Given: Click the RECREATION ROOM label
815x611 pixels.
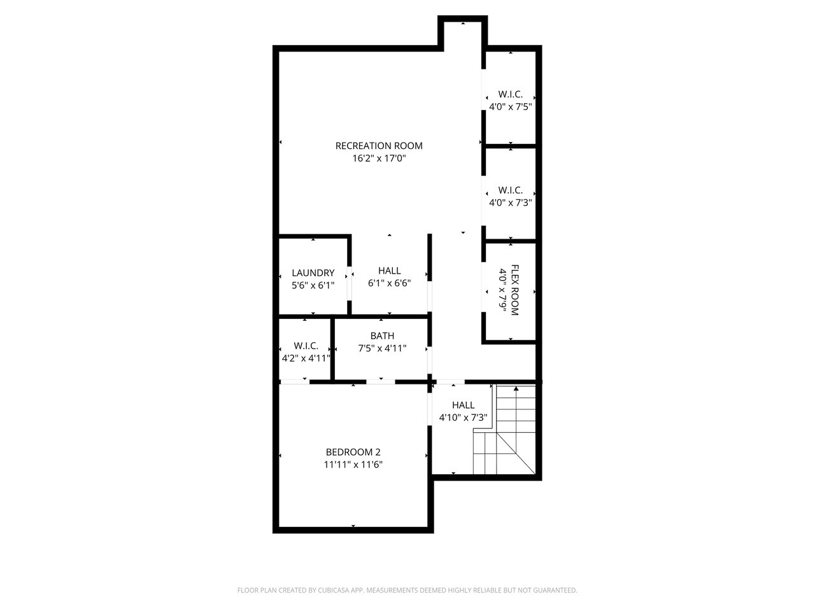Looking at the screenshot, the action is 379,146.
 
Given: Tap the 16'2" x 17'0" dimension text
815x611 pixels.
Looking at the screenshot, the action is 379,158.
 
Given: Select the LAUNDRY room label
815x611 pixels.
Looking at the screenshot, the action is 313,273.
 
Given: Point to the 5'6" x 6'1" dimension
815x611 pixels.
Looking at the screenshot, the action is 313,285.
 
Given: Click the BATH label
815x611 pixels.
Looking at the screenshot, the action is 382,336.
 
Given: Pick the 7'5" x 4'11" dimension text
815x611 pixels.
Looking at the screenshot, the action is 382,348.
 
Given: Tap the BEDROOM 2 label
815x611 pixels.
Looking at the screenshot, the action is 353,453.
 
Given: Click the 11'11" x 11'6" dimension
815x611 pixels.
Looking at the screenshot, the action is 353,465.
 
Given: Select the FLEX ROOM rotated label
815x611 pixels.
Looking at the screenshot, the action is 514,290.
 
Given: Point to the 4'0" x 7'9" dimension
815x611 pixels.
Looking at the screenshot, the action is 502,290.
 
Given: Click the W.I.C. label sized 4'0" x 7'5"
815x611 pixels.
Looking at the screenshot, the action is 510,94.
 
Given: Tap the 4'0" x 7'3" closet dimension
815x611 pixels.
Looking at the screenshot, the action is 510,202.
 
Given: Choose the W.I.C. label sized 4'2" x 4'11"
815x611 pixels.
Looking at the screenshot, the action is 306,346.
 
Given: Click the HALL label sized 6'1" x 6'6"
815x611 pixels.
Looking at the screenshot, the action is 390,271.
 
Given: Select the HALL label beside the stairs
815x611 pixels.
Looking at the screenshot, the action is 463,405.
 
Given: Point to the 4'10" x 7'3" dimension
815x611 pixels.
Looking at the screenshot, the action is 463,418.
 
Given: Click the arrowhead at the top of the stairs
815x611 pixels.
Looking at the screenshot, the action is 516,388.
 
